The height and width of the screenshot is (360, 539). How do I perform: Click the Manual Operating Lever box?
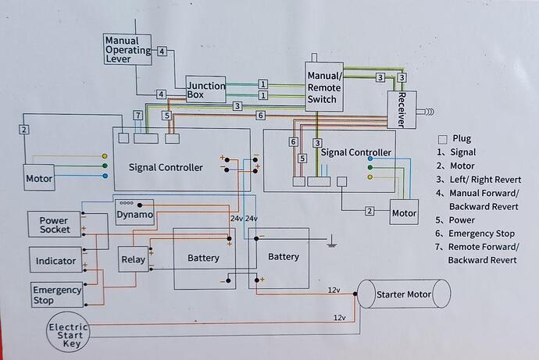pyautogui.click(x=129, y=51)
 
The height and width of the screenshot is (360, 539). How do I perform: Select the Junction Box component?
pyautogui.click(x=205, y=91)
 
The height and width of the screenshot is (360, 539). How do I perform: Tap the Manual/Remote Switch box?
pyautogui.click(x=323, y=87)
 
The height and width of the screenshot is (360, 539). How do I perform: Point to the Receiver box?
pyautogui.click(x=402, y=105)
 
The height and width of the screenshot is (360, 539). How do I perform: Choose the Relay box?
pyautogui.click(x=133, y=258)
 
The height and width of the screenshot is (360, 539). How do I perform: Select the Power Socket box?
pyautogui.click(x=55, y=225)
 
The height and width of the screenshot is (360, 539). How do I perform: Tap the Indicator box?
pyautogui.click(x=55, y=260)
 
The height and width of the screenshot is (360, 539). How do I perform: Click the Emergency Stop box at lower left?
pyautogui.click(x=56, y=294)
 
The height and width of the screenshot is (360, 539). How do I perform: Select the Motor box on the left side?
pyautogui.click(x=39, y=179)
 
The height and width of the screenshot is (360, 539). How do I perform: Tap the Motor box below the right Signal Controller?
pyautogui.click(x=404, y=213)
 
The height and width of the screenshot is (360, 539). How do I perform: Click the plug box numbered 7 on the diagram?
pyautogui.click(x=137, y=116)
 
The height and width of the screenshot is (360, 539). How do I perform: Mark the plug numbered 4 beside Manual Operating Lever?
pyautogui.click(x=162, y=52)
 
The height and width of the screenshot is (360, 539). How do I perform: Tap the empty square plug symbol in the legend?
pyautogui.click(x=444, y=138)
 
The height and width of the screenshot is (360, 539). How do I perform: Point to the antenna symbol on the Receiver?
pyautogui.click(x=428, y=112)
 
